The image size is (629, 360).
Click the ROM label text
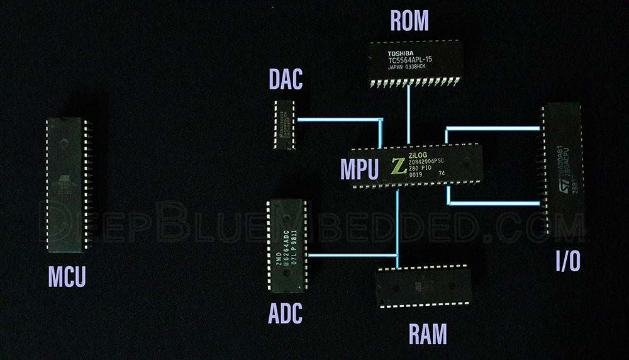click(x=409, y=21)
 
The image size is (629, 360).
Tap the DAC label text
click(x=286, y=79)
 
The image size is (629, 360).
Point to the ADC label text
click(x=286, y=313)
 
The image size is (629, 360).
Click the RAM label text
click(x=428, y=334)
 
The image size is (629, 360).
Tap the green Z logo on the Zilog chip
click(x=398, y=166)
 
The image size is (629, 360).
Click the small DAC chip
click(x=285, y=124)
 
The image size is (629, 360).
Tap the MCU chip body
click(x=65, y=184)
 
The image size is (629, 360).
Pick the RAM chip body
click(x=425, y=286)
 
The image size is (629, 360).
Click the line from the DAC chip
click(x=340, y=119)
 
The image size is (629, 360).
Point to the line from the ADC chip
click(x=352, y=255)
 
